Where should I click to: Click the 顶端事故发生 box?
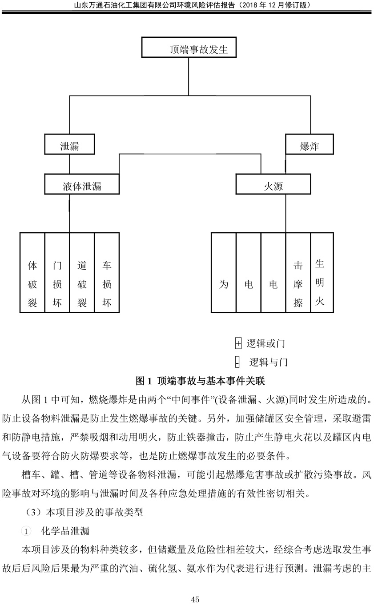tap(189, 47)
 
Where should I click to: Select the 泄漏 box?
tap(69, 144)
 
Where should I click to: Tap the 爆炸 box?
tap(310, 144)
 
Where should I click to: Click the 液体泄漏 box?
tap(82, 184)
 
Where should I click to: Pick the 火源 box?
tap(273, 184)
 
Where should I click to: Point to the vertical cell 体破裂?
tap(32, 273)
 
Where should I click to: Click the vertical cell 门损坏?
tap(57, 273)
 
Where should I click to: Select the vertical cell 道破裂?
tap(82, 273)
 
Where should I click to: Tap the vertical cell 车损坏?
tap(107, 273)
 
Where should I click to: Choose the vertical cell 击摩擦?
tap(298, 273)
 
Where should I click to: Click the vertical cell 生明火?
tap(322, 273)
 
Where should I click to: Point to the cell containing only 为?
tap(224, 273)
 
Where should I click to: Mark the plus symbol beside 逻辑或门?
tap(238, 344)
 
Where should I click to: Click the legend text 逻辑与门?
tap(268, 362)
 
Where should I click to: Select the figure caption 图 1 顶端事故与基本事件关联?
tap(200, 381)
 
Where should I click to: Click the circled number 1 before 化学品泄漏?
tap(26, 532)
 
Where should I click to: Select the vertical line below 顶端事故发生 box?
tap(189, 76)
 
